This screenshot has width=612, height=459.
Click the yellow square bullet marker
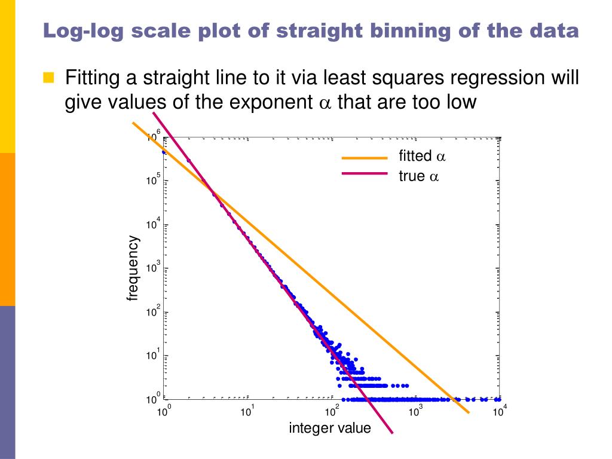[48, 78]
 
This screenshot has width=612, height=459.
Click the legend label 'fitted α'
[422, 157]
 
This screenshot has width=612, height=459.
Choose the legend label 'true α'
[418, 176]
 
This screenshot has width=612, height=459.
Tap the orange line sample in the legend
[365, 158]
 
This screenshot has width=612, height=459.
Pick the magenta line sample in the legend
[365, 173]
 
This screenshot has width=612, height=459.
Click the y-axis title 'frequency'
[133, 268]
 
